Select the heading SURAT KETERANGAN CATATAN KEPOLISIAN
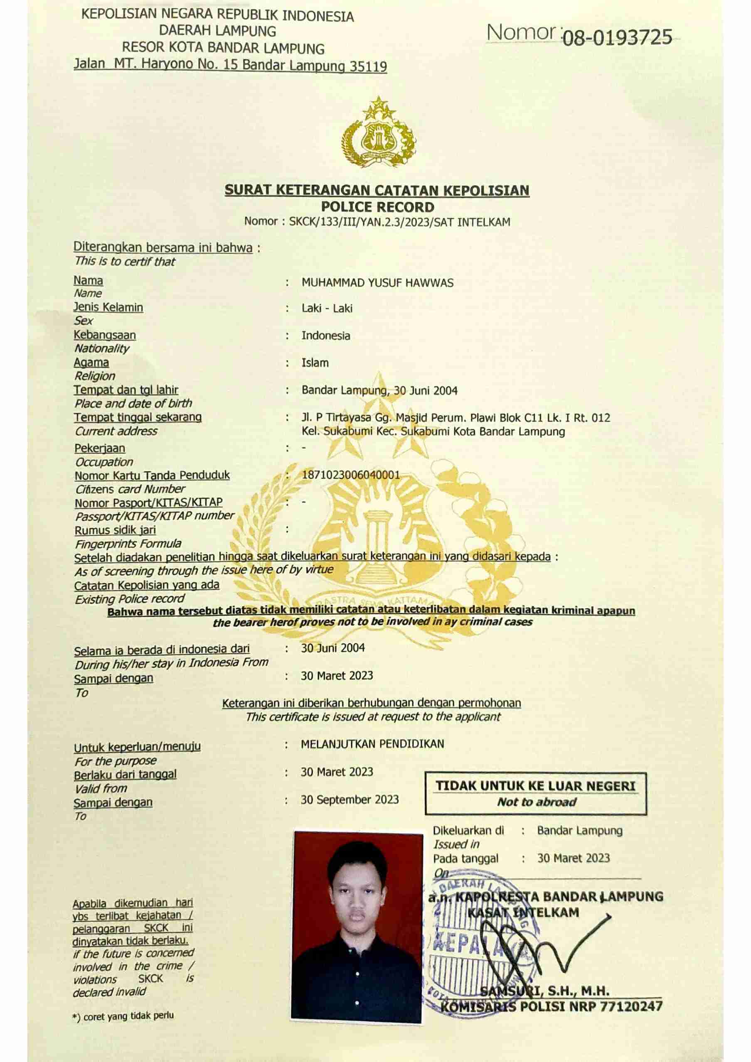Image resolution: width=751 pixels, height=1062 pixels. pos(377,191)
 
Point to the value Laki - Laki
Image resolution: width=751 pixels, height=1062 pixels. pos(327,309)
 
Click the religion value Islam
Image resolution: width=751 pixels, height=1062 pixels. pos(315,363)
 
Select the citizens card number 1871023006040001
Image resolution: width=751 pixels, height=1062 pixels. pos(350,475)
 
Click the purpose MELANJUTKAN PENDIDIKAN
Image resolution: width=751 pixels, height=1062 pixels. pos(372,744)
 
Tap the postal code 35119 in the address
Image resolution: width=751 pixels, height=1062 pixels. pos(368,66)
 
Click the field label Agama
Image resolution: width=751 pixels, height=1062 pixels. pos(91,363)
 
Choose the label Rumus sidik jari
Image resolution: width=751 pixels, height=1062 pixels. pos(115,530)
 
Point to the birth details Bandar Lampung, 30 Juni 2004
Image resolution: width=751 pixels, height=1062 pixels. pos(379,390)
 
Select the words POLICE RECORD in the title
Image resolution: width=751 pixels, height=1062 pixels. pos(378,207)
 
